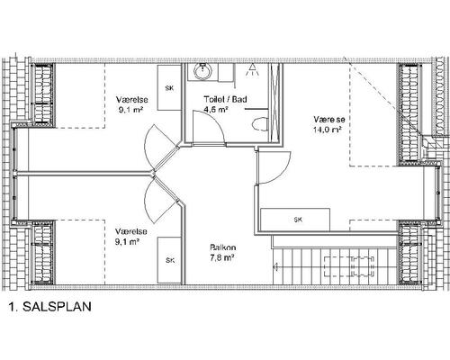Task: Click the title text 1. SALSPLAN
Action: coord(50,307)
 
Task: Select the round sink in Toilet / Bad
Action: coord(203,71)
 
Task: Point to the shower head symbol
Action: coord(252,70)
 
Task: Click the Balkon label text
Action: coord(223,247)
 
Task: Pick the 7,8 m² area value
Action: coord(222,258)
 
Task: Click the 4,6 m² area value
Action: coord(216,110)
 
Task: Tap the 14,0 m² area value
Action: coord(328,130)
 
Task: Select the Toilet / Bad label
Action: coord(226,99)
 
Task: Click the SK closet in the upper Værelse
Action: coord(169,87)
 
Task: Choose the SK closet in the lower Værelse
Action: coord(170,260)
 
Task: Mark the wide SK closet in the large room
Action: coord(295,220)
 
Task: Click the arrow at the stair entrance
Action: coord(276,266)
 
